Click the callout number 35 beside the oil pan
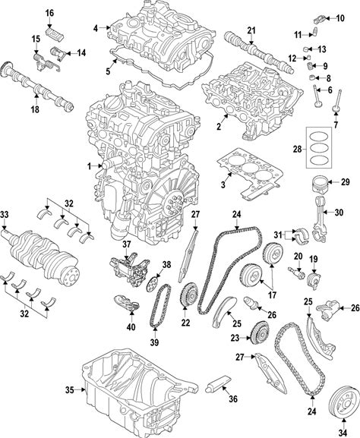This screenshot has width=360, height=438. click(70, 389)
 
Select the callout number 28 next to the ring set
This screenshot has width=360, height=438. click(298, 150)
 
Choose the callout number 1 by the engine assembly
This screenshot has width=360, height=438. click(89, 167)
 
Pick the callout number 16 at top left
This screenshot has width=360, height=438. click(49, 13)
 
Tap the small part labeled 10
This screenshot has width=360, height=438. click(319, 20)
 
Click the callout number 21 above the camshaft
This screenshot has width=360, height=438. click(251, 30)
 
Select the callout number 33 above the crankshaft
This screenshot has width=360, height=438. click(5, 214)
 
